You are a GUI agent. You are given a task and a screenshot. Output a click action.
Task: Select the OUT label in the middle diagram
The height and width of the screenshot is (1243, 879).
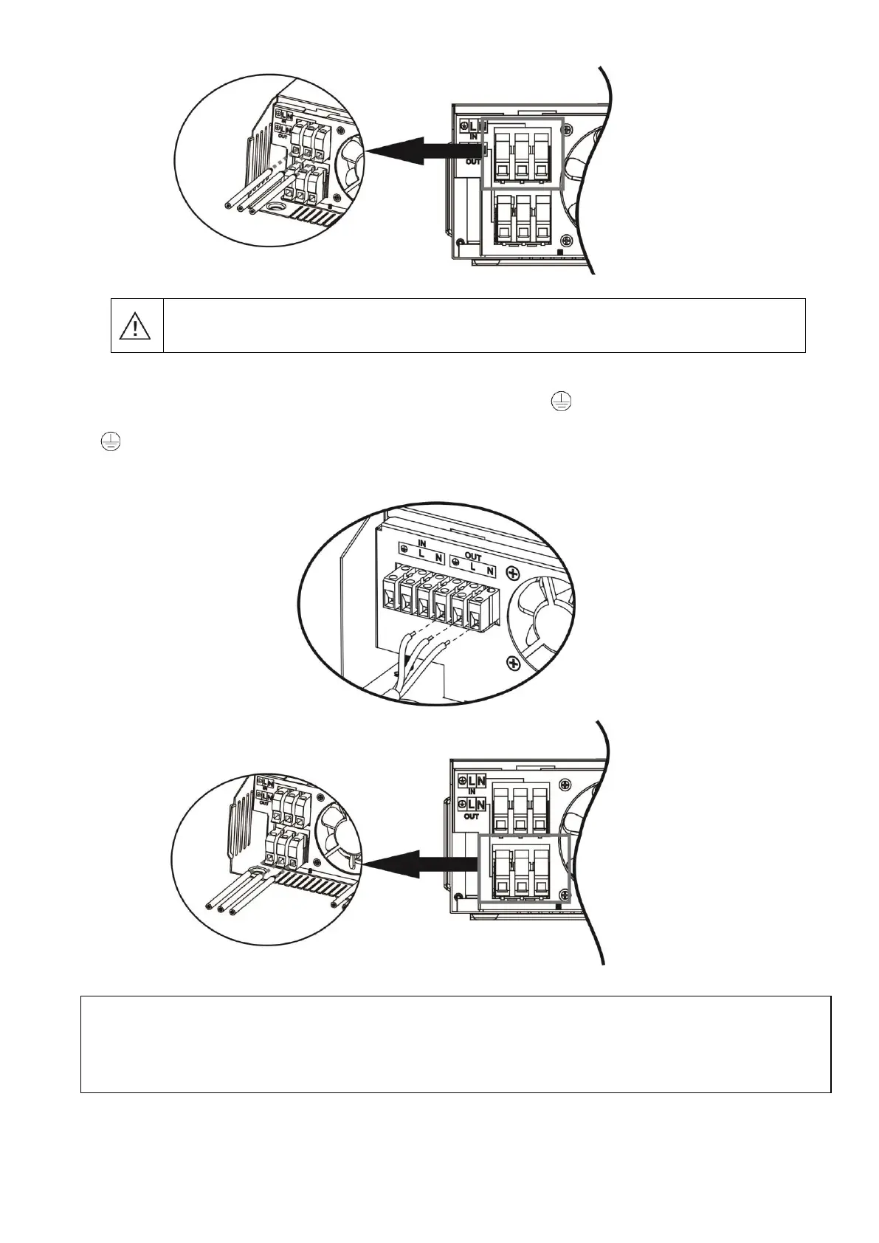coord(472,557)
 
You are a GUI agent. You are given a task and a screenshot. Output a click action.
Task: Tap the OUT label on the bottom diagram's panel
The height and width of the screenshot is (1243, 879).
coord(472,816)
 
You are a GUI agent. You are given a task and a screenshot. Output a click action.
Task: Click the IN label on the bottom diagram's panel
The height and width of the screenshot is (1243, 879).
coord(472,791)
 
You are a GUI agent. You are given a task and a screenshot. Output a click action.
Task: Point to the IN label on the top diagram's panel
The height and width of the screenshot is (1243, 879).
coord(472,137)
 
